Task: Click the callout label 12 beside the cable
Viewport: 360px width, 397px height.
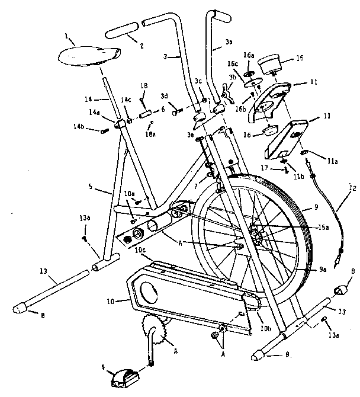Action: tap(353, 190)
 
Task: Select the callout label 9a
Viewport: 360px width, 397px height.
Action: tap(323, 270)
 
